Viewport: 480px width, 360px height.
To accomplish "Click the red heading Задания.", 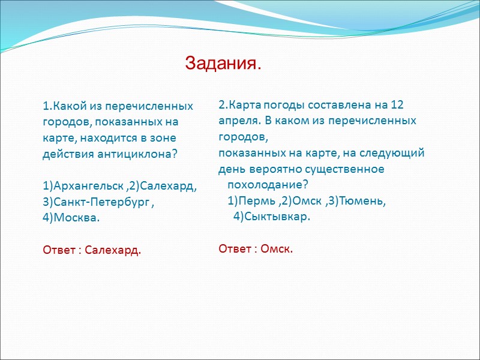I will click(223, 62).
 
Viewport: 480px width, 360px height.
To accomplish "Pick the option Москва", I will click(76, 218).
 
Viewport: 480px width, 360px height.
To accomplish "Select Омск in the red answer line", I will click(277, 248).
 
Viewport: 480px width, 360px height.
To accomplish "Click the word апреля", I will click(238, 120).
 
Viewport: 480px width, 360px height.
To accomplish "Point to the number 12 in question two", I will click(397, 104).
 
